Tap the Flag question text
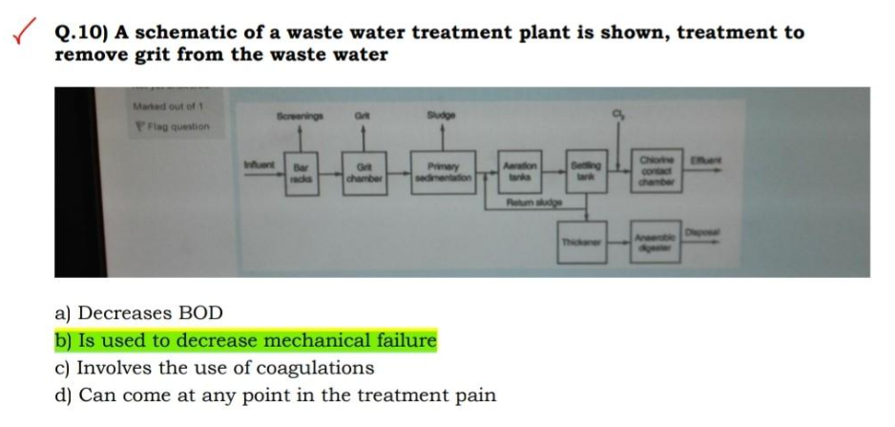click(174, 126)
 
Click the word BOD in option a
click(204, 313)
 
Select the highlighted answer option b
click(245, 341)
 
